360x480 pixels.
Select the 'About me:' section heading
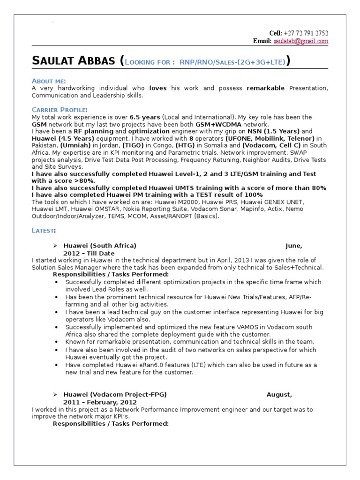tap(49, 81)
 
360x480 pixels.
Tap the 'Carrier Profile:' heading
tap(60, 110)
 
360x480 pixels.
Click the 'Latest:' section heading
tap(44, 230)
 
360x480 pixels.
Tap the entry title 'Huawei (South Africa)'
tap(100, 246)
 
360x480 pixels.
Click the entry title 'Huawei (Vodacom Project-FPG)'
tap(115, 395)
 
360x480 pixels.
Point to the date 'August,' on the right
tap(279, 395)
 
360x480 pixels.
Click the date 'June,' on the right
tap(294, 246)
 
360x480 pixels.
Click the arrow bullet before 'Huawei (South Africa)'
tap(55, 246)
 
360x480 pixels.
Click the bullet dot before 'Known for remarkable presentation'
tap(57, 342)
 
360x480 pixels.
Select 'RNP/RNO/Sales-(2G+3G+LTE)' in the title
tap(231, 62)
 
